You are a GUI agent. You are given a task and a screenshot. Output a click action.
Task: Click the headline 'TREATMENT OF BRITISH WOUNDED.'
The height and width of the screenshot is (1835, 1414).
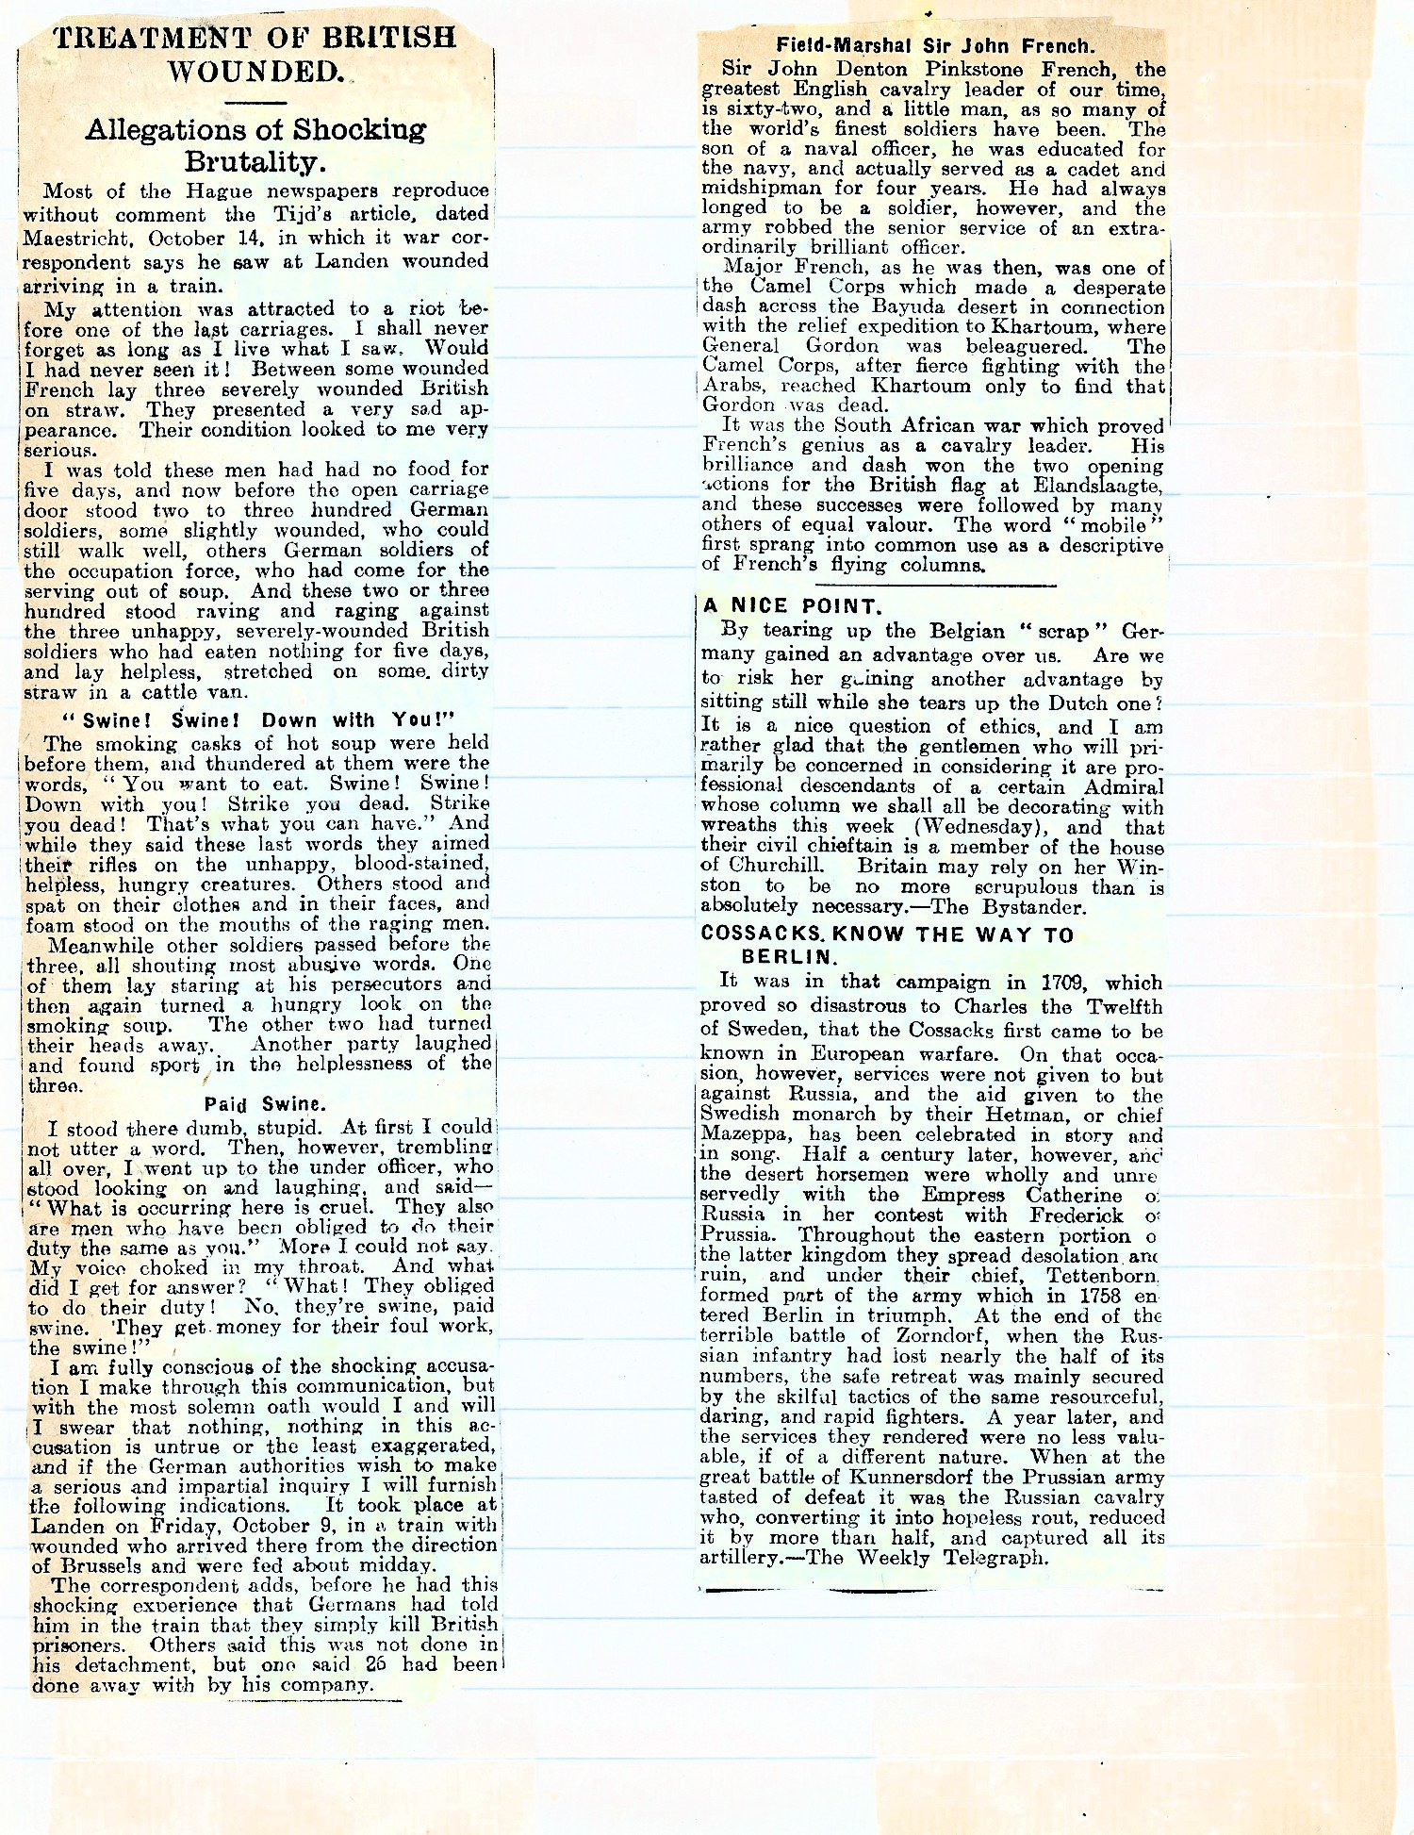[255, 54]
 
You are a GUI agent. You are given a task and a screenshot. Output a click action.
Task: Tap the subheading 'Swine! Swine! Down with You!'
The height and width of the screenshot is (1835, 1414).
[257, 721]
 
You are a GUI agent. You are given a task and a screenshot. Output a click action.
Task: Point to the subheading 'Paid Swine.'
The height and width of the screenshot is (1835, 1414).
[258, 1105]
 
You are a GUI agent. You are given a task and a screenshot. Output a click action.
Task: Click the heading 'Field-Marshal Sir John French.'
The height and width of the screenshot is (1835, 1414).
[935, 45]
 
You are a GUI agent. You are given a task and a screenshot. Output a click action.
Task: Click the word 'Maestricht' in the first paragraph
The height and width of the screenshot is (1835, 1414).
[73, 240]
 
